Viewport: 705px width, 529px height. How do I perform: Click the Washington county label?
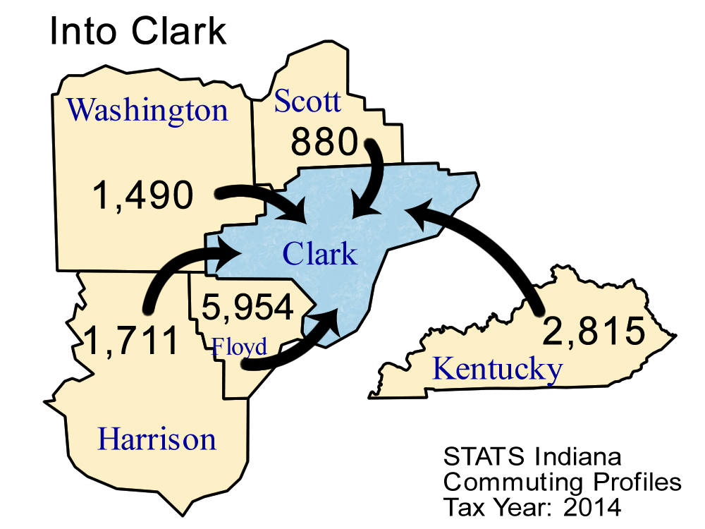tap(147, 111)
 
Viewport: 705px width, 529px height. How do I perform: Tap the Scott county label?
tap(307, 102)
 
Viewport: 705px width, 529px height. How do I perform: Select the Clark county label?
tap(319, 254)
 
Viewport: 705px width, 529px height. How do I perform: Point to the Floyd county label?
tap(240, 347)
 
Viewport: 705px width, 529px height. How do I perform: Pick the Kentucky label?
tap(497, 369)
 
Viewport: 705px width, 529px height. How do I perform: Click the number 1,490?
tap(142, 195)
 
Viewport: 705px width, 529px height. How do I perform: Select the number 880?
tap(326, 143)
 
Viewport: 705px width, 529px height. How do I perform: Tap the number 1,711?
tap(131, 341)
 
